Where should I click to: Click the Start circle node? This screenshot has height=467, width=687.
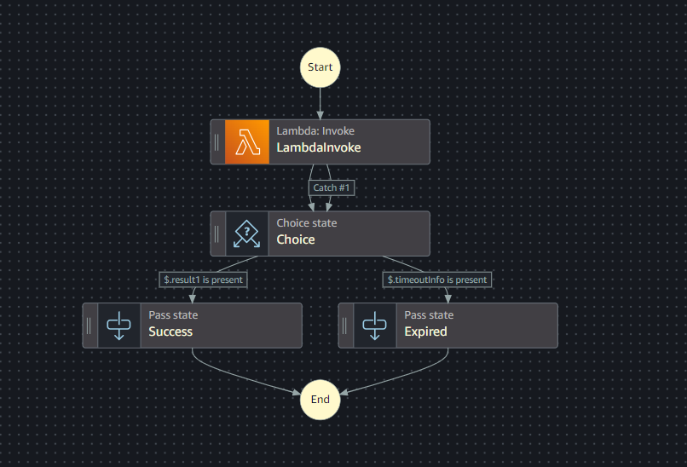click(320, 66)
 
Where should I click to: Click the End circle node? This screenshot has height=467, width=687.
click(320, 399)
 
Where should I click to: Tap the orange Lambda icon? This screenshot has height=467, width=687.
click(246, 141)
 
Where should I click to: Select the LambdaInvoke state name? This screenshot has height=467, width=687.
click(318, 147)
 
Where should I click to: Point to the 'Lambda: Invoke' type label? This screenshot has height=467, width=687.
click(315, 131)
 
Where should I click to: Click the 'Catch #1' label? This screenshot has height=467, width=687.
click(332, 187)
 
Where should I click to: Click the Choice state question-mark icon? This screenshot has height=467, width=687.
click(246, 233)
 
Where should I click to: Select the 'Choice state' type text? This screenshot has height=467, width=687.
click(306, 223)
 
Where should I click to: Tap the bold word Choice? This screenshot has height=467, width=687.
click(295, 239)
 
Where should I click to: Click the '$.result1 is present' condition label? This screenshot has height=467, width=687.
click(203, 279)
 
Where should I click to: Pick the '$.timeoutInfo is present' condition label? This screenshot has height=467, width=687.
click(437, 279)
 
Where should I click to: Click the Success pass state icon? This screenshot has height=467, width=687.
click(118, 326)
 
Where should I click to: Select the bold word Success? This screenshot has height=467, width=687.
click(170, 332)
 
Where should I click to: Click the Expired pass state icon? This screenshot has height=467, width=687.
click(374, 326)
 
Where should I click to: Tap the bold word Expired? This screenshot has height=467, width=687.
click(425, 332)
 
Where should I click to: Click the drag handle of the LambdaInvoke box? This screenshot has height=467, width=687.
click(217, 141)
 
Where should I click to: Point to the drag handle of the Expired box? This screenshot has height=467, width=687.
click(345, 326)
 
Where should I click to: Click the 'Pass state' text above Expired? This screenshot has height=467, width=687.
click(429, 315)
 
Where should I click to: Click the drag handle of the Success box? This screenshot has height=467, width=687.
click(89, 326)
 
